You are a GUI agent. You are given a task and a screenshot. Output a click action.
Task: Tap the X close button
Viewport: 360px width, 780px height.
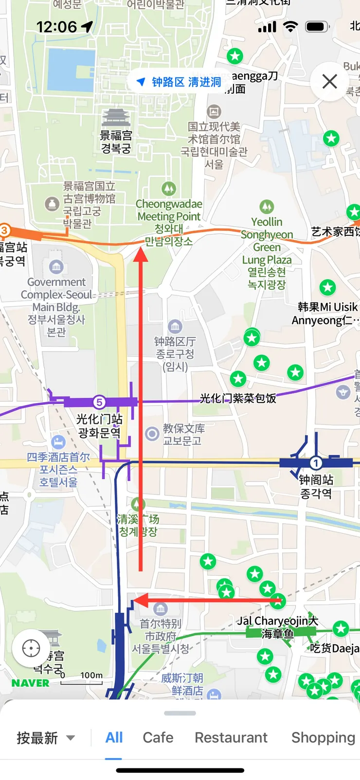point(329,81)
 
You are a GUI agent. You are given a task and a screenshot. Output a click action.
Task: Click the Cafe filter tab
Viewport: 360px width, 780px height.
point(158,737)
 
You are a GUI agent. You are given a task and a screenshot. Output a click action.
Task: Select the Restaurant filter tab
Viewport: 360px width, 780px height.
point(231,737)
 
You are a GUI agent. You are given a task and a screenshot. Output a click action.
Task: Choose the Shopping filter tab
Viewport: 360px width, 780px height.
point(323,737)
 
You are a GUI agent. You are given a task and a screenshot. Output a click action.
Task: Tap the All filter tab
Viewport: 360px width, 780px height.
point(114,737)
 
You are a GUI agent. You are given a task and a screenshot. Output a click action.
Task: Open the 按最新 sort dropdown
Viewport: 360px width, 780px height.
point(46,738)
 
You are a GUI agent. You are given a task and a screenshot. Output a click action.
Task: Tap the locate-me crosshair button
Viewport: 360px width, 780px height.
point(31,648)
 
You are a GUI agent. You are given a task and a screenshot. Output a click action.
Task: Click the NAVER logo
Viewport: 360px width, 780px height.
point(30,683)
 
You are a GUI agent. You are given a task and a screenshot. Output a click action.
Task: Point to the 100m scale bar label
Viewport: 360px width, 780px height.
point(91,675)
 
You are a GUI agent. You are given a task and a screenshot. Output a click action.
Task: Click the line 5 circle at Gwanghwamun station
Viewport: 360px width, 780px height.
point(99,402)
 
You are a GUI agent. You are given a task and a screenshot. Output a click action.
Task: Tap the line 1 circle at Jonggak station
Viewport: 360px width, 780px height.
point(315,462)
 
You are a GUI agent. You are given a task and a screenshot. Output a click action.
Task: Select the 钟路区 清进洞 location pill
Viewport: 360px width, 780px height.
point(179,82)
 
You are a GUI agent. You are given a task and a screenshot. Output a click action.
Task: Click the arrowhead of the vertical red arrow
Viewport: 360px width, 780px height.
point(141,254)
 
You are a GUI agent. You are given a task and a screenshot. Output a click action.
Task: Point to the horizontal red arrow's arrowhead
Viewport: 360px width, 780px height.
point(140,601)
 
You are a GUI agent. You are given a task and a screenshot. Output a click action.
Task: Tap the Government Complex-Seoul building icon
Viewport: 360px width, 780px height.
point(56,266)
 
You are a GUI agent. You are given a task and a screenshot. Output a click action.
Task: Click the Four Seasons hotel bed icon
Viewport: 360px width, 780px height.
point(58,442)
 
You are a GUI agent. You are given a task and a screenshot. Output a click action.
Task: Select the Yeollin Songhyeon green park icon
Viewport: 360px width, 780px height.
point(266,207)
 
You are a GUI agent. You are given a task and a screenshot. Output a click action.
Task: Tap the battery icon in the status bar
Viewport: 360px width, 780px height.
point(317,27)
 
